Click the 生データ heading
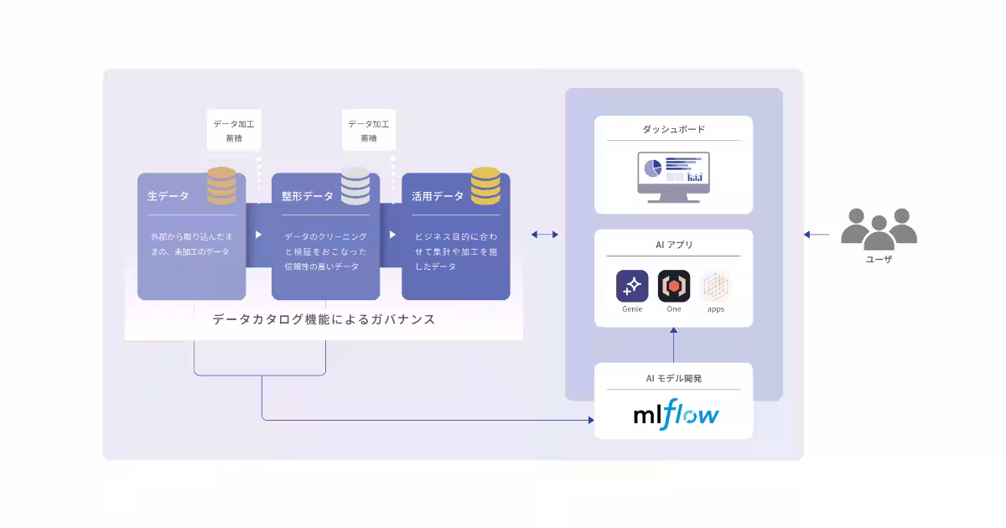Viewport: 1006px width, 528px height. (168, 196)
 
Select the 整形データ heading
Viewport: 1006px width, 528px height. (307, 196)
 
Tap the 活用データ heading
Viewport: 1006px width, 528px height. (437, 196)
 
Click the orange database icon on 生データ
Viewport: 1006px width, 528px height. (221, 186)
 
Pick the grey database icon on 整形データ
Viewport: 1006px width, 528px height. (355, 186)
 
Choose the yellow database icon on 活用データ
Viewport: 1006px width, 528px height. (485, 186)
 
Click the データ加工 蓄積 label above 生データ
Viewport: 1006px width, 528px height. (233, 131)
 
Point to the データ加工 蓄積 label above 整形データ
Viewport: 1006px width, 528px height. (368, 131)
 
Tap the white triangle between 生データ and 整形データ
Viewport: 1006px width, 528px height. (258, 235)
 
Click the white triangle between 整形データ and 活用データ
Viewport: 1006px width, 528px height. (392, 235)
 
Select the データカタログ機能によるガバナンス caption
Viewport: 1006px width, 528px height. (324, 319)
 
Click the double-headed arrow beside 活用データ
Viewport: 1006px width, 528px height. (545, 235)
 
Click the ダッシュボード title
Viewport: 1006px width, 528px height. (673, 130)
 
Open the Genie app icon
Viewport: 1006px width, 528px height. (632, 286)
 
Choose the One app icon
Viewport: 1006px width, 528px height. (673, 286)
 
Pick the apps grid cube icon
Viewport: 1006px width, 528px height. (715, 286)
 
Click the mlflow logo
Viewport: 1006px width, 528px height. (676, 415)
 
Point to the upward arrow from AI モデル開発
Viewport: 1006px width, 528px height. (674, 344)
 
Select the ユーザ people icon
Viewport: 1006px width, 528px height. (879, 228)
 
